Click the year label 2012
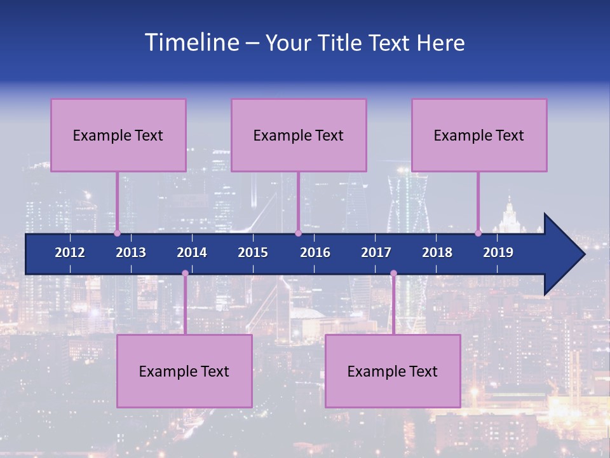70,253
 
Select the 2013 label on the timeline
131,253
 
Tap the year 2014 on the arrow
192,253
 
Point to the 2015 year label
253,253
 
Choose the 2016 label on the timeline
315,253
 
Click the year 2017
376,253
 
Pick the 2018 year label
437,253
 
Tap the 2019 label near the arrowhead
498,253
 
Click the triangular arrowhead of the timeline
562,254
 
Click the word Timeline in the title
190,43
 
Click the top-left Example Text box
118,135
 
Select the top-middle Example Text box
299,135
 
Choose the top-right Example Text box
479,135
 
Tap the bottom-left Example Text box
184,371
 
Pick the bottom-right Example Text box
393,371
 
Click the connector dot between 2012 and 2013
118,233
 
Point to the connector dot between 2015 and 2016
298,233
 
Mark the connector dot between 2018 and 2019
478,233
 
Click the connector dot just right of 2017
393,274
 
